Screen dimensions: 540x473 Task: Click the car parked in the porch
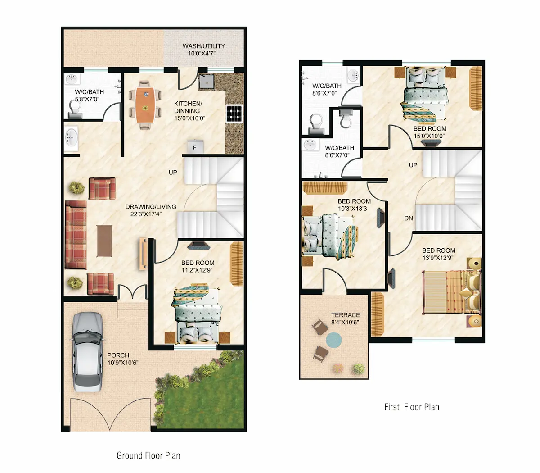pos(87,352)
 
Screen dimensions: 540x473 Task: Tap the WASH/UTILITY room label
pos(204,46)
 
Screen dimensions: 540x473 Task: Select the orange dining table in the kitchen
pos(145,105)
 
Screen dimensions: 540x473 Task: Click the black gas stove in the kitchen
pos(234,114)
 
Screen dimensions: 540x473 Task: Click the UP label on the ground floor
pos(173,173)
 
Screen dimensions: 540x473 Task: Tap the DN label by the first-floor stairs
pos(409,218)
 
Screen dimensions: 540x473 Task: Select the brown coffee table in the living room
pos(104,241)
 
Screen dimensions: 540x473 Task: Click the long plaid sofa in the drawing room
pos(76,235)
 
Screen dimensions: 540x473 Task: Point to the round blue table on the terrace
pos(334,340)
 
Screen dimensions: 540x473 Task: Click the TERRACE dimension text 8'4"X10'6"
pos(345,323)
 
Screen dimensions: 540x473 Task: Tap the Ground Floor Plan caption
pos(148,455)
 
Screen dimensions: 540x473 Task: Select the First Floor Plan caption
pos(412,407)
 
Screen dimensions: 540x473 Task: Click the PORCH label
pos(118,355)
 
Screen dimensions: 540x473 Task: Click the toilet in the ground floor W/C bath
pos(75,109)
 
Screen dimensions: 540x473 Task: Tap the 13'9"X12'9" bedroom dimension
pos(438,258)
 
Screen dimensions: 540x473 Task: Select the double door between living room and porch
pos(132,292)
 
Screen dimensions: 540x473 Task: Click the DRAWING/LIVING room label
pos(151,207)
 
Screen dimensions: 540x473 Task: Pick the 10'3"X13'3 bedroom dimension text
pos(352,209)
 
